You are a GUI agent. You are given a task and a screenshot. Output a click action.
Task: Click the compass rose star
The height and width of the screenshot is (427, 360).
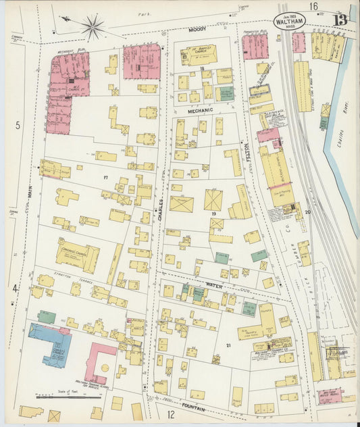coord(93,27)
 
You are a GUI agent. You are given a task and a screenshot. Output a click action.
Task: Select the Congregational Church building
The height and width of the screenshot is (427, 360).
coord(78,255)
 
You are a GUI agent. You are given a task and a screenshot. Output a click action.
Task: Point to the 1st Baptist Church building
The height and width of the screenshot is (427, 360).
coord(198,54)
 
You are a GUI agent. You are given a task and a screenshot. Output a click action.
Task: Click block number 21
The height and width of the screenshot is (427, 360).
coord(228,345)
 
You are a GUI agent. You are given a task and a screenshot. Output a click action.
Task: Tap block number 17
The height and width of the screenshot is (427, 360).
coord(105,177)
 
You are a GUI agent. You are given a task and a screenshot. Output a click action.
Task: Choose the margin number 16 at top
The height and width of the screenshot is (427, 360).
coord(313,6)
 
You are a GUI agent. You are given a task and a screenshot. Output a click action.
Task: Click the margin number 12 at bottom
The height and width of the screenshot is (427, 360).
coord(171,413)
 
